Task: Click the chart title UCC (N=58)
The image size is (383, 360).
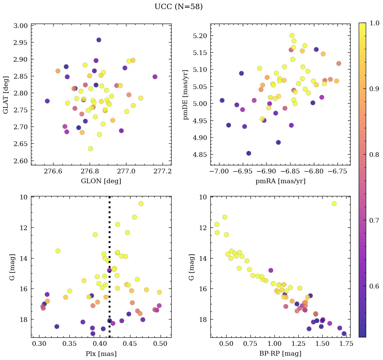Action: click(178, 7)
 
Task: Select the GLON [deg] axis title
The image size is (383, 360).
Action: click(101, 181)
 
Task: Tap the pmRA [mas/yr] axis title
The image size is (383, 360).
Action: click(281, 181)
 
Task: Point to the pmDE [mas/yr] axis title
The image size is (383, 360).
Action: click(186, 94)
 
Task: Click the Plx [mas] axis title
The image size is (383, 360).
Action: click(101, 354)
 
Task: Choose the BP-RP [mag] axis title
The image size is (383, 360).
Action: click(281, 354)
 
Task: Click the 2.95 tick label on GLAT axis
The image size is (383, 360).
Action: click(21, 43)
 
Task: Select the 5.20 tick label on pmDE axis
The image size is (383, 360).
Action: click(200, 36)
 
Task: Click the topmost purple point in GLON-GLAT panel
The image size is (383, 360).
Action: click(99, 40)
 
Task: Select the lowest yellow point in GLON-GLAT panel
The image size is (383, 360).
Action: click(90, 149)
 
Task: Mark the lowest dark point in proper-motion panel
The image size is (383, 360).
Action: click(249, 153)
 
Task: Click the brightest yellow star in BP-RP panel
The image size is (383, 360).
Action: click(334, 203)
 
